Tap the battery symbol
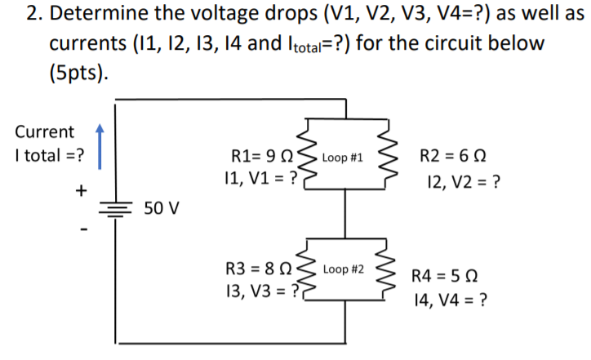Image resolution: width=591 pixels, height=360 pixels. (114, 209)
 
